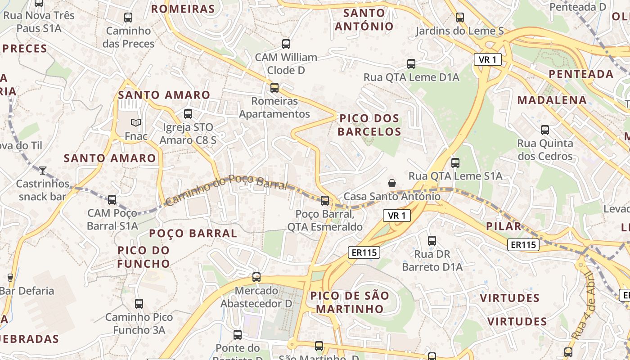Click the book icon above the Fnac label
point(135,122)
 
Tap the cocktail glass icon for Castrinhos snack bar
point(43,170)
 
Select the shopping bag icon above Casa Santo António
point(392,183)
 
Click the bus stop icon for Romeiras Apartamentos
point(274,88)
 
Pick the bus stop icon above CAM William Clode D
point(286,44)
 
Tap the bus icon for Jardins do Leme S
point(459,18)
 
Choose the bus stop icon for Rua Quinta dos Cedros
point(545,130)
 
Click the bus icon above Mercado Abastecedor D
point(256,277)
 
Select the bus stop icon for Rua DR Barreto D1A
point(432,241)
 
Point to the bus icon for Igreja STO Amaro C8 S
point(188,114)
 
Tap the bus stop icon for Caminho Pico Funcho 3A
point(139,304)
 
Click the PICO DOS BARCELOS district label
point(369,125)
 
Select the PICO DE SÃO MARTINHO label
point(350,302)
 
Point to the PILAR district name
point(504,226)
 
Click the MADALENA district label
point(552,100)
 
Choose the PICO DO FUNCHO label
point(144,256)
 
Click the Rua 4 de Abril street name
point(584,306)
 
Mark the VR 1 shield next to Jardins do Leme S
point(487,59)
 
